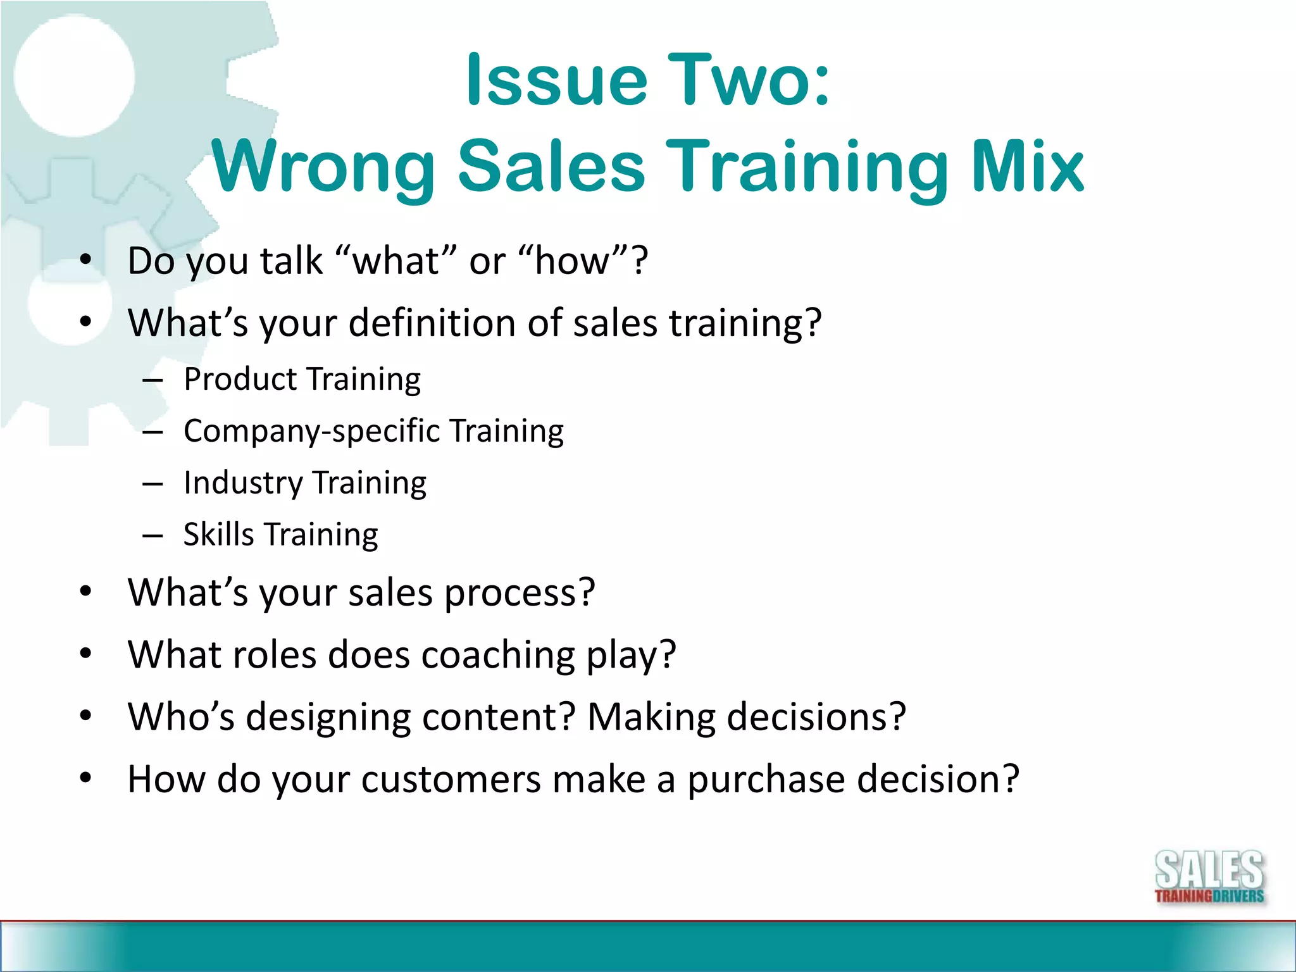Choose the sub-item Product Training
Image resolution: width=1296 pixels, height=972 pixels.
[x=302, y=380]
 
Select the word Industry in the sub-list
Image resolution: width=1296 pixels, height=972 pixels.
[x=242, y=483]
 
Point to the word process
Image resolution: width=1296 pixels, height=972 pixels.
[x=519, y=594]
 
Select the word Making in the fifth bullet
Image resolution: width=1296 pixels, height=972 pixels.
[x=651, y=716]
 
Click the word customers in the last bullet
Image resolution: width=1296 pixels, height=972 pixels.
[x=451, y=778]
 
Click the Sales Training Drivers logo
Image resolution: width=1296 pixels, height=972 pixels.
[x=1209, y=877]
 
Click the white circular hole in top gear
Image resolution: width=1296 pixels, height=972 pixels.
[x=75, y=76]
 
